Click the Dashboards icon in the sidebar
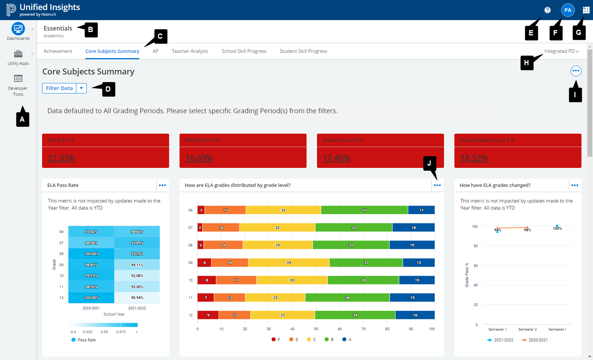click(18, 29)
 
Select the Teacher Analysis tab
click(190, 51)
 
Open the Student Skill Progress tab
click(303, 51)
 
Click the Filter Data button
click(59, 88)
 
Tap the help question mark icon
click(547, 10)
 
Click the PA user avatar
click(568, 10)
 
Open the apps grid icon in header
click(586, 10)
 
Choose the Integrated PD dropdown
click(561, 51)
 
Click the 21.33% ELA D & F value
click(61, 158)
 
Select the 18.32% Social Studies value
click(473, 158)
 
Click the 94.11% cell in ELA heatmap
click(137, 265)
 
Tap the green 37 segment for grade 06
click(364, 210)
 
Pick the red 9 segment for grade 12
click(208, 315)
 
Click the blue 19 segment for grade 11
click(412, 297)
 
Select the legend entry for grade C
click(311, 340)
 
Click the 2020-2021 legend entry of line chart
click(535, 340)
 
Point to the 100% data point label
click(557, 228)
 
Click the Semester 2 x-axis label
click(527, 329)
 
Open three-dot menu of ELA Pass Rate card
click(162, 185)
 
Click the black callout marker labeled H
click(526, 63)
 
